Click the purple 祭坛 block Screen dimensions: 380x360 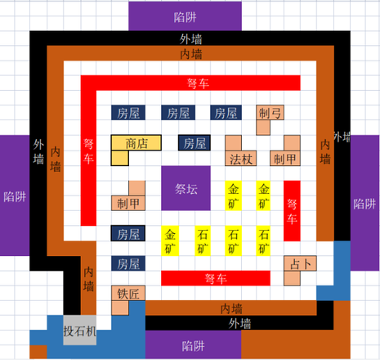(186, 188)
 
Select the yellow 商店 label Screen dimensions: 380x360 (136, 142)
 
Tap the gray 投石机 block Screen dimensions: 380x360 (80, 331)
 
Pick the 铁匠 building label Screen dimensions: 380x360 (128, 293)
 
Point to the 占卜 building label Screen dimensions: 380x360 (300, 263)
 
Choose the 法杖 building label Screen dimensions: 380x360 (241, 159)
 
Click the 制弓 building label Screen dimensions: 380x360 (270, 113)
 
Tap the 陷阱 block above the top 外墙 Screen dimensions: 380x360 (185, 16)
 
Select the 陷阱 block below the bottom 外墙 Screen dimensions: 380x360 (193, 345)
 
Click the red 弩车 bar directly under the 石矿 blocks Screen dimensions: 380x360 (216, 278)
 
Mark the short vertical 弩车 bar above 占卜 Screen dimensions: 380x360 (292, 211)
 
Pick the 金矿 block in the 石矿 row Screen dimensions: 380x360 (170, 241)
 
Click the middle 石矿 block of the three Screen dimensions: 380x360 (233, 241)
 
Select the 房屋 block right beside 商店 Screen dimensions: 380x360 (194, 142)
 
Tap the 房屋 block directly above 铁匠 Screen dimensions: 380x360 (128, 263)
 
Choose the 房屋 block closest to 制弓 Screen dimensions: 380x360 (226, 113)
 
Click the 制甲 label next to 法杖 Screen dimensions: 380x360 (285, 159)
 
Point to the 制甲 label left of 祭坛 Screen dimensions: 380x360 (128, 203)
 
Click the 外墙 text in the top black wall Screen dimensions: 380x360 (190, 39)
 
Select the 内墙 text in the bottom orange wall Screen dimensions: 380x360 (231, 308)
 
